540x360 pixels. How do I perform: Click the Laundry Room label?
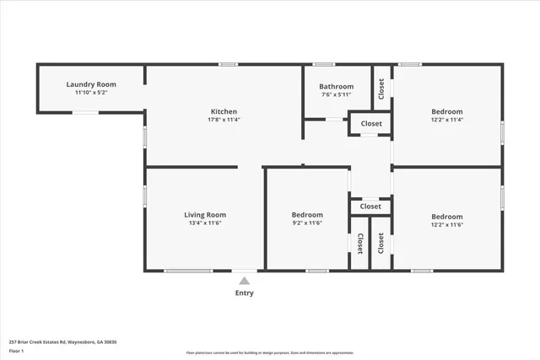tap(91, 84)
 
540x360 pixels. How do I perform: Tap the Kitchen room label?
tap(224, 111)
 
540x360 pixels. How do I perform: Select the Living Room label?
tap(205, 215)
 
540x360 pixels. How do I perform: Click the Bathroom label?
tap(336, 87)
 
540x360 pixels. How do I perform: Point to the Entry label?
tap(244, 293)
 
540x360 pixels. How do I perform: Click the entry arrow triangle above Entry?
tap(244, 280)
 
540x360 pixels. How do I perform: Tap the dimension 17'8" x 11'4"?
tap(224, 120)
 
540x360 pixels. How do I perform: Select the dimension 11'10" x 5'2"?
tap(91, 92)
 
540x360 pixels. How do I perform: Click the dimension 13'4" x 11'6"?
tap(205, 224)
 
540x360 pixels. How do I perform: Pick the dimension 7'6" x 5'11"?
tap(336, 95)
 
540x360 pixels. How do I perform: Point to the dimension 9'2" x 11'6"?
tap(307, 224)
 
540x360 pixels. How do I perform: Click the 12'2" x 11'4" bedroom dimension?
tap(447, 120)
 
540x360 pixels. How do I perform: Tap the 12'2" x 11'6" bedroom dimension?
tap(447, 224)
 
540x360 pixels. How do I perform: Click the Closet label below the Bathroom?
tap(371, 124)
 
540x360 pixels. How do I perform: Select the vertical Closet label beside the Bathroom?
tap(381, 87)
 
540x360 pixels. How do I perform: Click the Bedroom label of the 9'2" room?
tap(307, 215)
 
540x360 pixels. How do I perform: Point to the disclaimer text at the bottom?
tap(269, 352)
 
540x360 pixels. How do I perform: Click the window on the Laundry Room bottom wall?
tap(84, 112)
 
